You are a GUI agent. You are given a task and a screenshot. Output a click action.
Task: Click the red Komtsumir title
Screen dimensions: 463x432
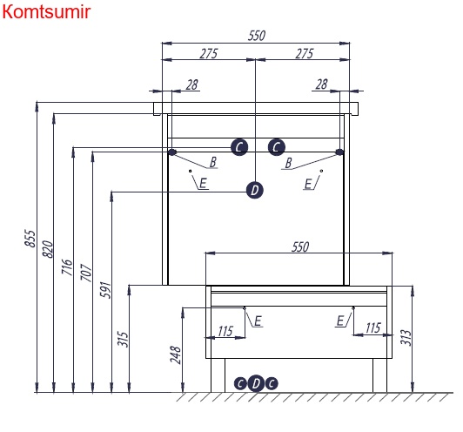[46, 12]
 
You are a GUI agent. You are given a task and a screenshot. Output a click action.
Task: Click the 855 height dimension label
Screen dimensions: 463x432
[30, 238]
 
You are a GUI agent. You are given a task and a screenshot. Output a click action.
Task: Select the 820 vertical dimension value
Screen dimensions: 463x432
[48, 249]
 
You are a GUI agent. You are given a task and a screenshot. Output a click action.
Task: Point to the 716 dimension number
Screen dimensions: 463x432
[67, 267]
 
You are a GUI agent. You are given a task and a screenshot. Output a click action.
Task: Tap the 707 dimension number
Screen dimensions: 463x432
[86, 273]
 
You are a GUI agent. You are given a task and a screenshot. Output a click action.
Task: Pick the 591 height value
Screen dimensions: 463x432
[105, 290]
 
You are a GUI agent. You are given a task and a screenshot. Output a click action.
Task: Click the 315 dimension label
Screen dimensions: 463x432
[123, 339]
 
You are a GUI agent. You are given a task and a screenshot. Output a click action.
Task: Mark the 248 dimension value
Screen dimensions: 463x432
[176, 354]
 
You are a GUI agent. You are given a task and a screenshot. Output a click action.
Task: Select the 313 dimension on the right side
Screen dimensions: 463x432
[406, 337]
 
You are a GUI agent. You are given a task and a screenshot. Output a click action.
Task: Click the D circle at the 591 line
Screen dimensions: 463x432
[254, 190]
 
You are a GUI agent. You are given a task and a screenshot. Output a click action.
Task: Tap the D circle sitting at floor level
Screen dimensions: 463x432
[256, 383]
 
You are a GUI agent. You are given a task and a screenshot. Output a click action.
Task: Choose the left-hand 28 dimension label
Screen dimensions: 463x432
[192, 84]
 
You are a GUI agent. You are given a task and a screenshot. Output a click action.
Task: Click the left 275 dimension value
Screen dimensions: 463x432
[209, 54]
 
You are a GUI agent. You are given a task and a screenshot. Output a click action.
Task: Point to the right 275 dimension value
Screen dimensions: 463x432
[304, 54]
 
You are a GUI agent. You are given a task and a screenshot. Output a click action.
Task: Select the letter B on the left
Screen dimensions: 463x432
[213, 162]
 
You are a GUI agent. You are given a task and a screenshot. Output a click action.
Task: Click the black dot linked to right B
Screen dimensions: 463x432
[340, 152]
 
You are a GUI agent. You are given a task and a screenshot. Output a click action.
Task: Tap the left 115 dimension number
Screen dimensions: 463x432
[226, 331]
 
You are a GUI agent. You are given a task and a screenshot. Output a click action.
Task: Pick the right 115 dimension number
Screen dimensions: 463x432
[373, 328]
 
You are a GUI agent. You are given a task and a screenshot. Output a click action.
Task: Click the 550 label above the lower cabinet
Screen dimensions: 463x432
[300, 247]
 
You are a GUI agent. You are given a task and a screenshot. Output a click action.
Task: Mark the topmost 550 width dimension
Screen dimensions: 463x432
[257, 36]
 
